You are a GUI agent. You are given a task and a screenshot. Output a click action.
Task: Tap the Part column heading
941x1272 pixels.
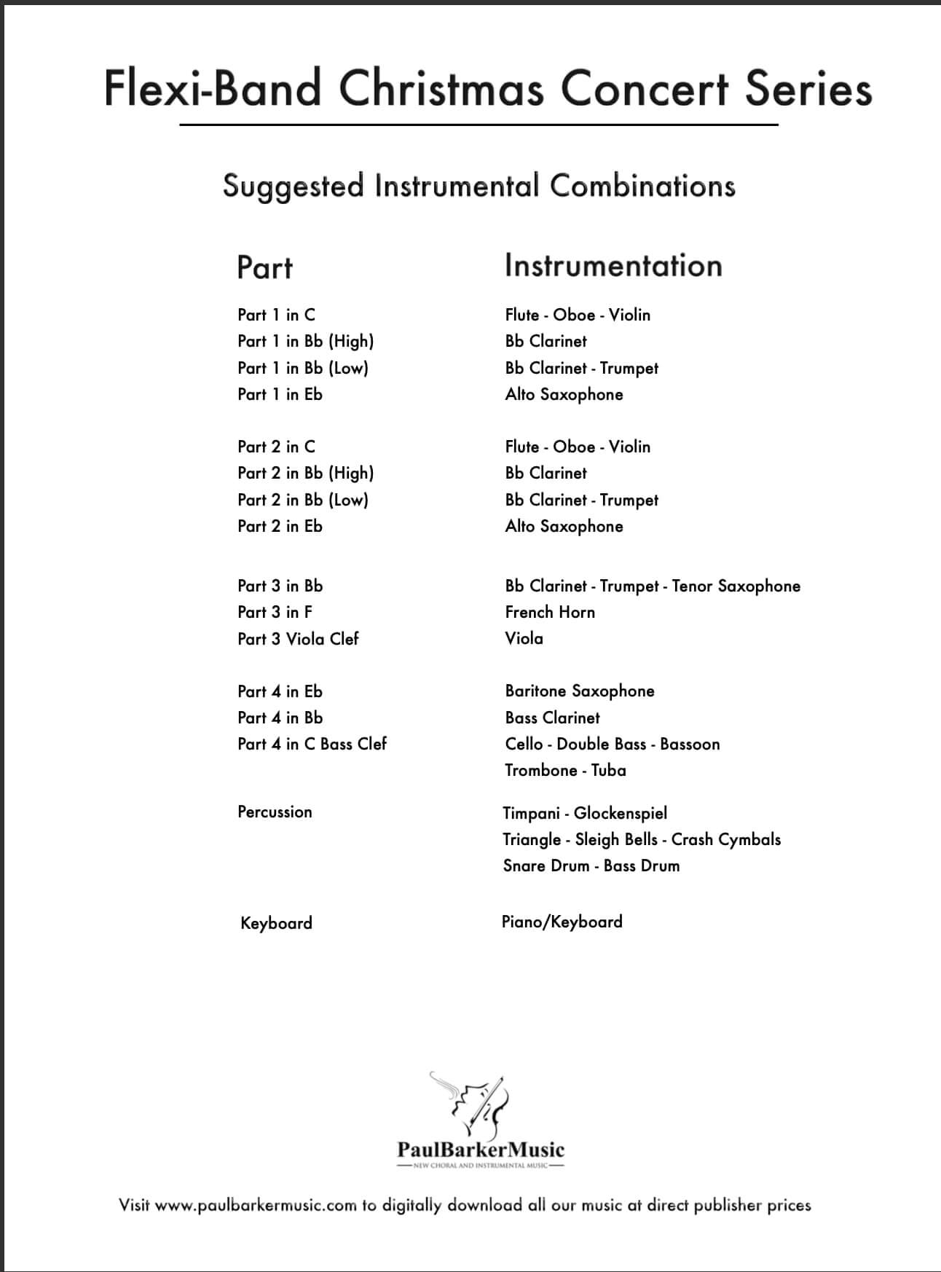pos(264,267)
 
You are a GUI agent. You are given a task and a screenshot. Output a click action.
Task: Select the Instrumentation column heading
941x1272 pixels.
pos(613,265)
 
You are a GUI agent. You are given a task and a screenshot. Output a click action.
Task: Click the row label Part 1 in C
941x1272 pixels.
pos(276,315)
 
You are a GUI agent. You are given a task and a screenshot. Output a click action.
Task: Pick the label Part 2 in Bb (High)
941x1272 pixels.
pos(305,473)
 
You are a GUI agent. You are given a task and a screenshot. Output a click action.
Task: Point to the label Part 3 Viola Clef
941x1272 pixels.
pos(298,639)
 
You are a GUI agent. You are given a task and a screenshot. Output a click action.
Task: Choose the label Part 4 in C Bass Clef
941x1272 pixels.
pos(312,744)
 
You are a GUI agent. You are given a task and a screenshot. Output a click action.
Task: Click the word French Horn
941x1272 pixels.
pos(550,612)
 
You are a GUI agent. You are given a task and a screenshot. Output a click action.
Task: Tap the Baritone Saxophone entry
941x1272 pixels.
pos(580,691)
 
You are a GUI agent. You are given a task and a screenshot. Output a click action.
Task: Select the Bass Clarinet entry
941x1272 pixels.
pos(552,718)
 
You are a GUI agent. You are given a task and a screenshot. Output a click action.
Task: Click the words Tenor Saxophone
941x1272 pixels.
pos(736,586)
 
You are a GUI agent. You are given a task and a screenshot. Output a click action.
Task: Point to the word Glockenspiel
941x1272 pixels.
pos(620,813)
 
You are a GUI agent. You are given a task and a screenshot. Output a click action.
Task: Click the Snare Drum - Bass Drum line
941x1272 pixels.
pos(591,865)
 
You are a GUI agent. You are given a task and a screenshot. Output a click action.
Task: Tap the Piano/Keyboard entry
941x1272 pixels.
pos(562,922)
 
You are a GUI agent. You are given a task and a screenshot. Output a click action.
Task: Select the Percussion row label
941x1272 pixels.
pos(275,812)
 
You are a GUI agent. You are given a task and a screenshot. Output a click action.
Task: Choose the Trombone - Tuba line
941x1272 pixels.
pos(565,770)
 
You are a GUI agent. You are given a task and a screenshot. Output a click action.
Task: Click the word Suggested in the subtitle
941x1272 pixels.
pos(293,187)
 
